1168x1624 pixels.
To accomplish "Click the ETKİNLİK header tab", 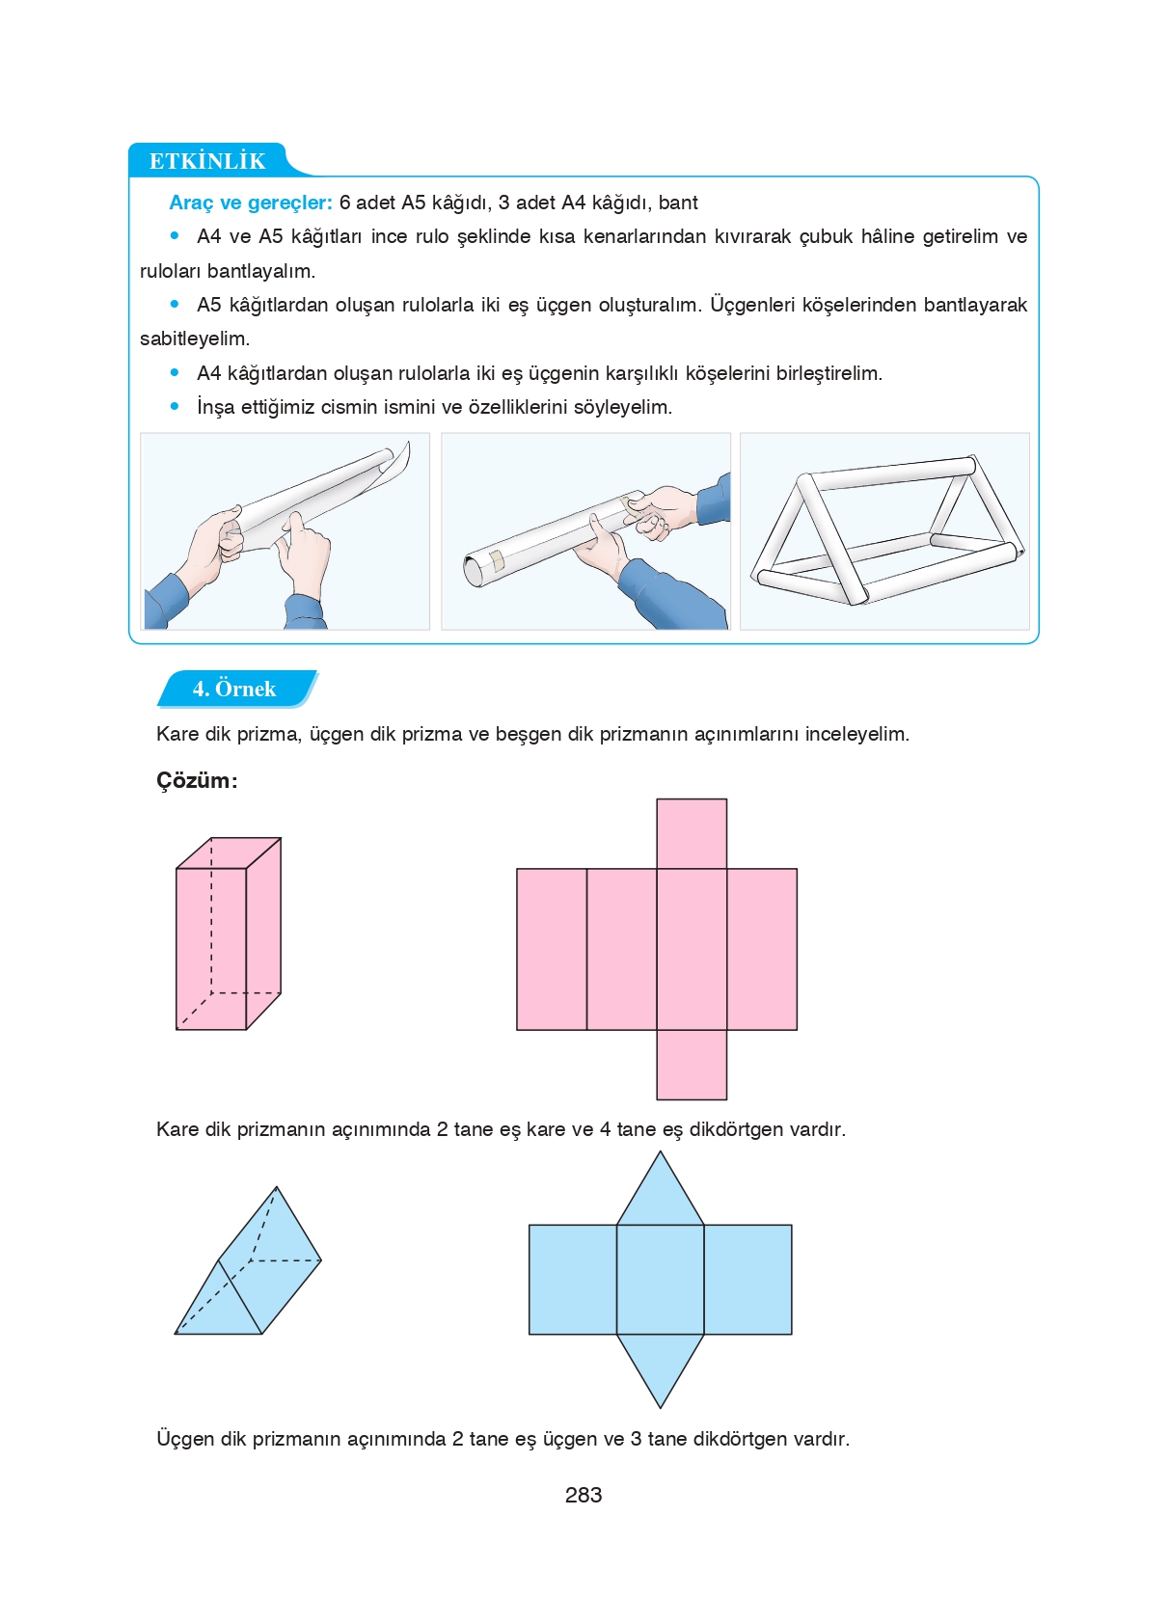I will pos(207,160).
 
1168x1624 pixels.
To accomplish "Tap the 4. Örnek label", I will pos(234,689).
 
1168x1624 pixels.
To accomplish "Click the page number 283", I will pos(584,1495).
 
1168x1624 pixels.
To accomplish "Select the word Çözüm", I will pos(194,780).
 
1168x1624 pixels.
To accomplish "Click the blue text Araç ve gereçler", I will pos(250,203).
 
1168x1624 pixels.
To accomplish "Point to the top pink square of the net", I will pos(692,833).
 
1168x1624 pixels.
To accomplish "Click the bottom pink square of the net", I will pos(692,1065).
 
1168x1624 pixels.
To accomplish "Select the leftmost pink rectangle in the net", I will pos(552,949).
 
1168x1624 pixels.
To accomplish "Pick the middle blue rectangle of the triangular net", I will pos(661,1280).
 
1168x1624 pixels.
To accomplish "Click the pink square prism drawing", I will pos(228,934).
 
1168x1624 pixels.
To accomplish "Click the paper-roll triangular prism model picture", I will pos(884,531).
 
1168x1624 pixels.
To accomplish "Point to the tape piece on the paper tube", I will pos(497,559).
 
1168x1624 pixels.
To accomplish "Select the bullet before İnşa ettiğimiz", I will pos(175,407).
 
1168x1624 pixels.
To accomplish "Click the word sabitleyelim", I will pos(194,338).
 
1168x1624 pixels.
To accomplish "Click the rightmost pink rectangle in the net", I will pos(762,949).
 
